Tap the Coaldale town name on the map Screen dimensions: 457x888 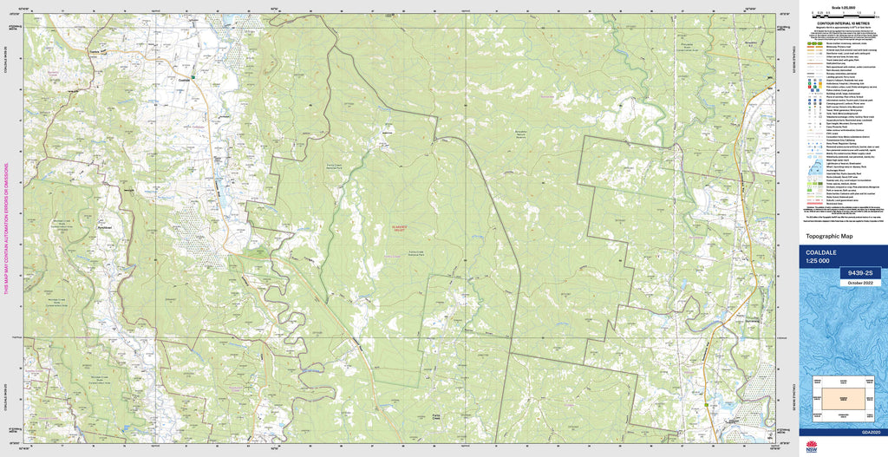click(183, 79)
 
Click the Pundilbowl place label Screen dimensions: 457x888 click(106, 228)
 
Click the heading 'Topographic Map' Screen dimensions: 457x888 click(829, 236)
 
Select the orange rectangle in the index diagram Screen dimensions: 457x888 click(841, 395)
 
